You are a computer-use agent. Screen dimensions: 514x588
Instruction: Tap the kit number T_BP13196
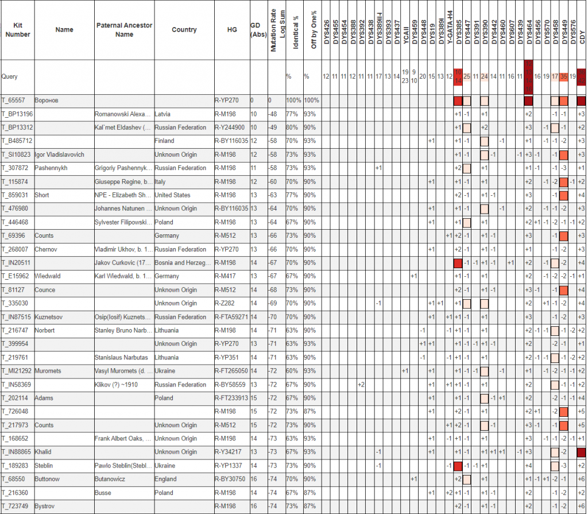pyautogui.click(x=17, y=114)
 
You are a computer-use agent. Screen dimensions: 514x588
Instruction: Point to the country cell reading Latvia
pyautogui.click(x=164, y=114)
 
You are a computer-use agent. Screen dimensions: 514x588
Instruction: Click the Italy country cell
pyautogui.click(x=161, y=181)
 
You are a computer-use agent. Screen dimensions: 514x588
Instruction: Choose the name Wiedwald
pyautogui.click(x=48, y=276)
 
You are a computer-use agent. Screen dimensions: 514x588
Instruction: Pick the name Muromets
pyautogui.click(x=48, y=371)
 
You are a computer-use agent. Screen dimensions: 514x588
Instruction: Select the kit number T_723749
pyautogui.click(x=16, y=506)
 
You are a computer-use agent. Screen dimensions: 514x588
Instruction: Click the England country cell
pyautogui.click(x=165, y=479)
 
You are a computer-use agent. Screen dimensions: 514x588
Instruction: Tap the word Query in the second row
pyautogui.click(x=9, y=76)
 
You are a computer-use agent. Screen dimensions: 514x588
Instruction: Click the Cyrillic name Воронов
pyautogui.click(x=48, y=101)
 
